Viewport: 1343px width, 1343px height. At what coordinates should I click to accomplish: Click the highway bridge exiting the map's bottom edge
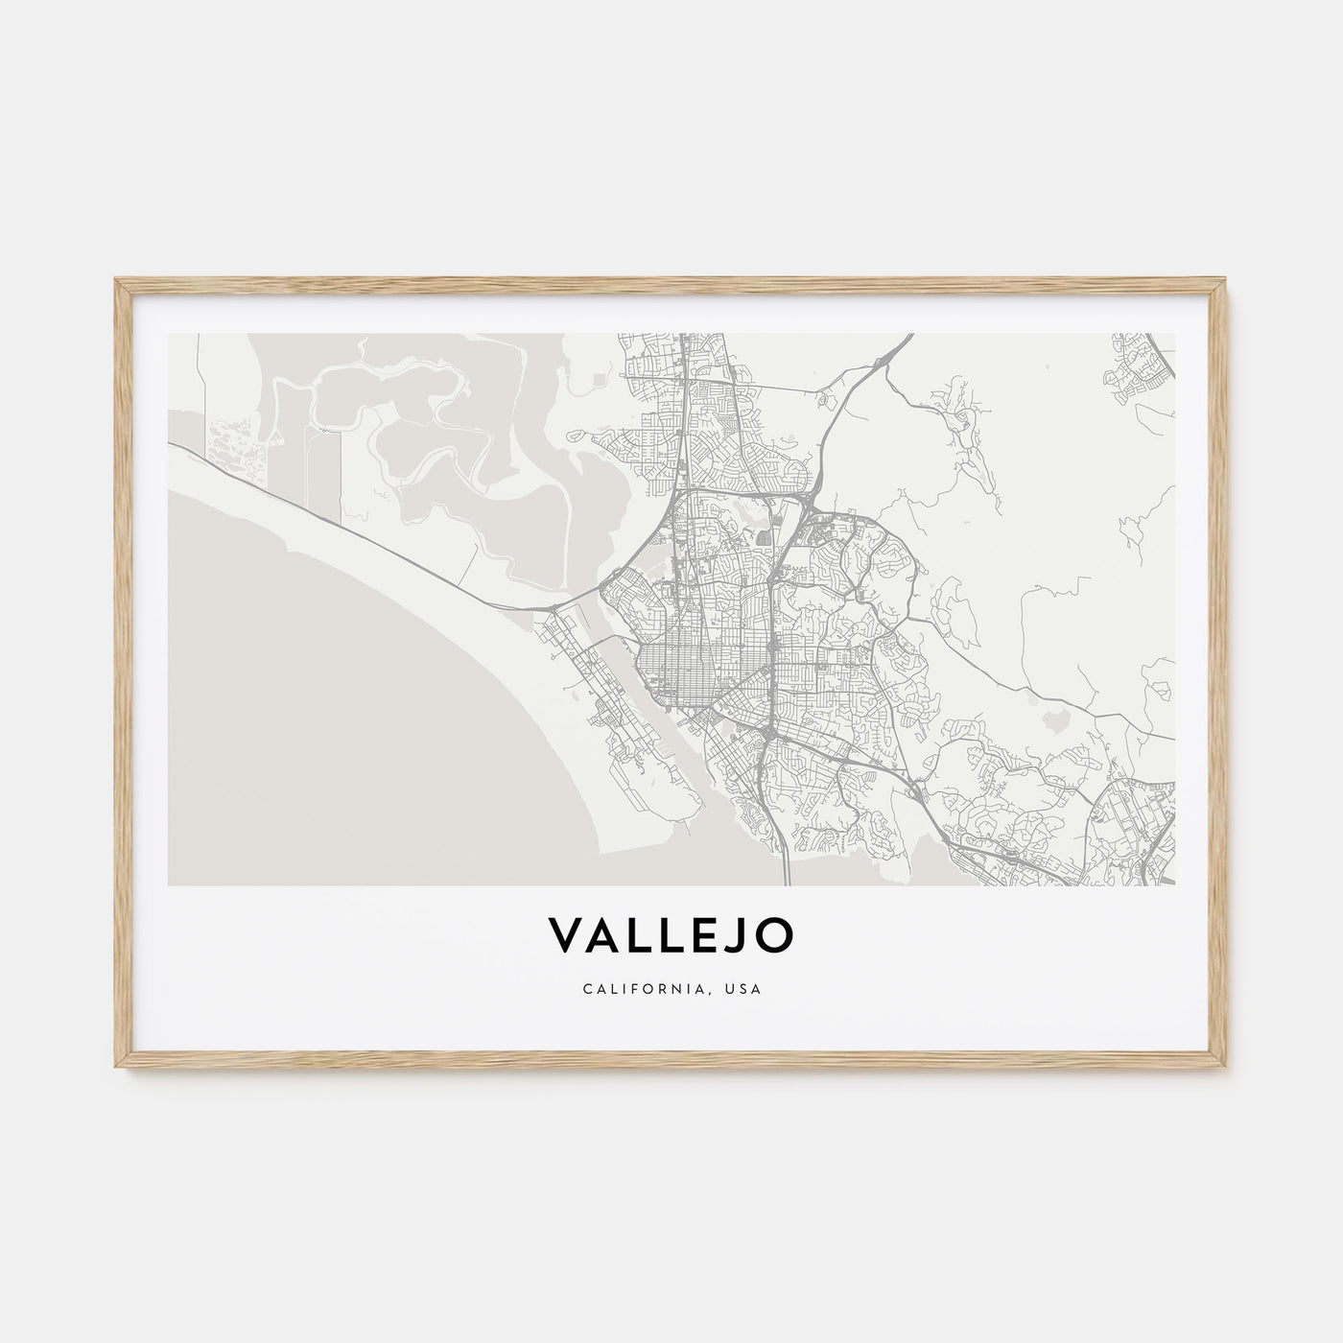(x=787, y=863)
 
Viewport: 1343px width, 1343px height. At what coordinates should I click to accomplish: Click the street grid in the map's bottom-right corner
(x=1142, y=835)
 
